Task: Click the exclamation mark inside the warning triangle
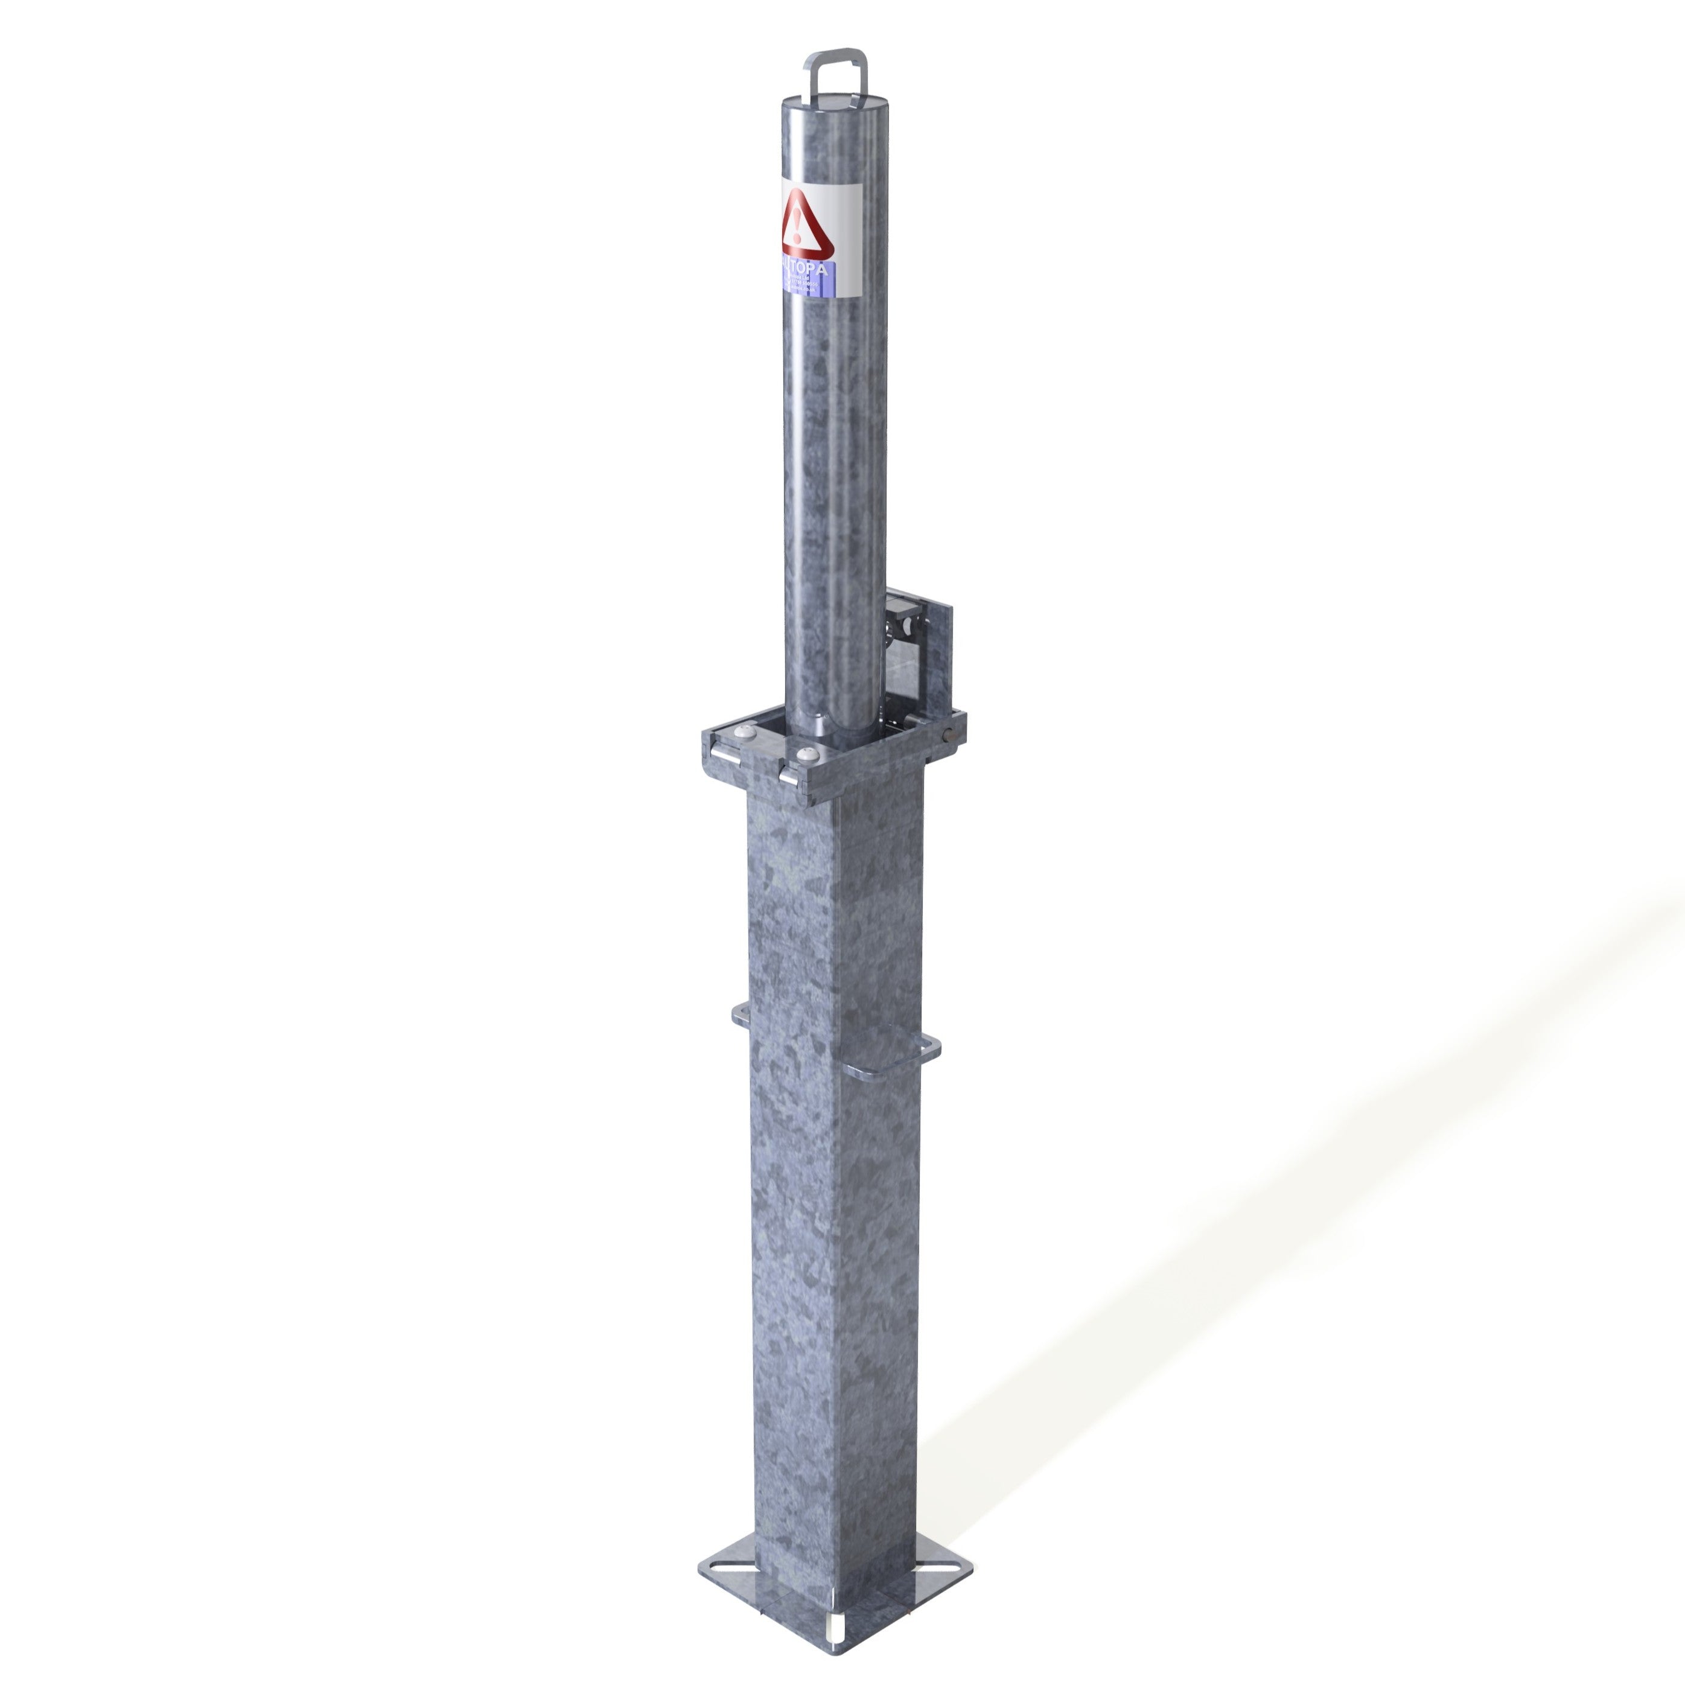coord(795,225)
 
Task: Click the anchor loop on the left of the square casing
coord(741,1013)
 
